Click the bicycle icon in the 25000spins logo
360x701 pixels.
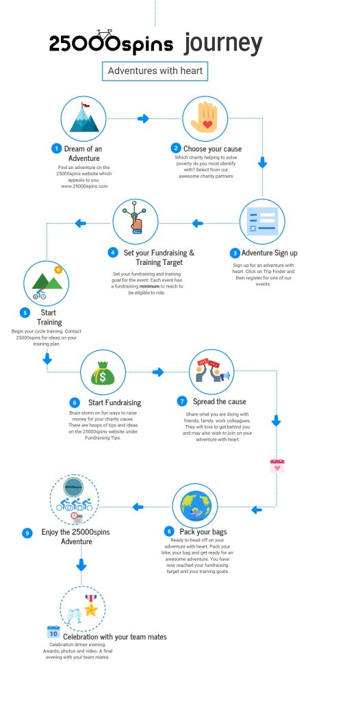tap(104, 35)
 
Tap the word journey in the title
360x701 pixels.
tap(222, 44)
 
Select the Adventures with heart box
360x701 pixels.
tap(155, 71)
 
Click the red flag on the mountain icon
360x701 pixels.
tap(85, 105)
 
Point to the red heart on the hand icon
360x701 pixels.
tap(207, 125)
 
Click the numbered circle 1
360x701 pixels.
tap(56, 149)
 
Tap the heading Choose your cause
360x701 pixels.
tap(212, 149)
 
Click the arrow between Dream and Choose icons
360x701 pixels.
tap(143, 118)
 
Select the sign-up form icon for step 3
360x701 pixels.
tap(263, 221)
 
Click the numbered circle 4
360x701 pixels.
tap(113, 253)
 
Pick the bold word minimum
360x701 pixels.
tap(149, 286)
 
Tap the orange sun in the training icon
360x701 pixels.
tap(57, 270)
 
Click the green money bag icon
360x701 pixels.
tap(103, 373)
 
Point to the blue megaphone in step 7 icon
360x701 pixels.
tap(225, 376)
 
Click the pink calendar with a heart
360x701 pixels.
tap(277, 466)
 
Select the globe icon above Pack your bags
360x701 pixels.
tap(196, 506)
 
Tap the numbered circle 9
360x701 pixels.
tap(27, 533)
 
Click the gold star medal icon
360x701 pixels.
tap(91, 606)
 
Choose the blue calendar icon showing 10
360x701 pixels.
tap(53, 632)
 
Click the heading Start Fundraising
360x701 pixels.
tap(114, 403)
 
